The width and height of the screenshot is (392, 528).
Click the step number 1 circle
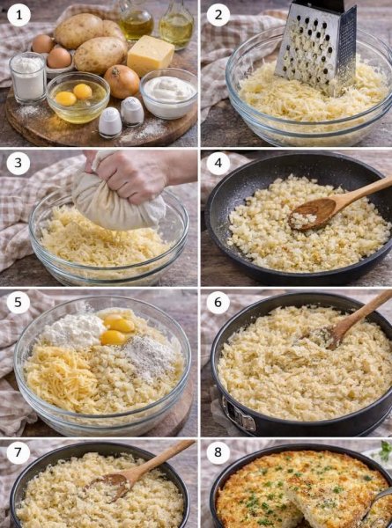(x=18, y=15)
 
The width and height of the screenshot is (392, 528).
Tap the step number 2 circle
(x=218, y=15)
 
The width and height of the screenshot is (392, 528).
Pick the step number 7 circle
(x=18, y=456)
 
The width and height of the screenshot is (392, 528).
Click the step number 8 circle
(x=218, y=456)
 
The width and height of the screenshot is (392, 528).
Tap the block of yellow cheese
(x=151, y=55)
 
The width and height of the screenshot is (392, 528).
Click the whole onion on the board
(x=122, y=82)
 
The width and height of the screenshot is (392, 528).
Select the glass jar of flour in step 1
(x=28, y=77)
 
